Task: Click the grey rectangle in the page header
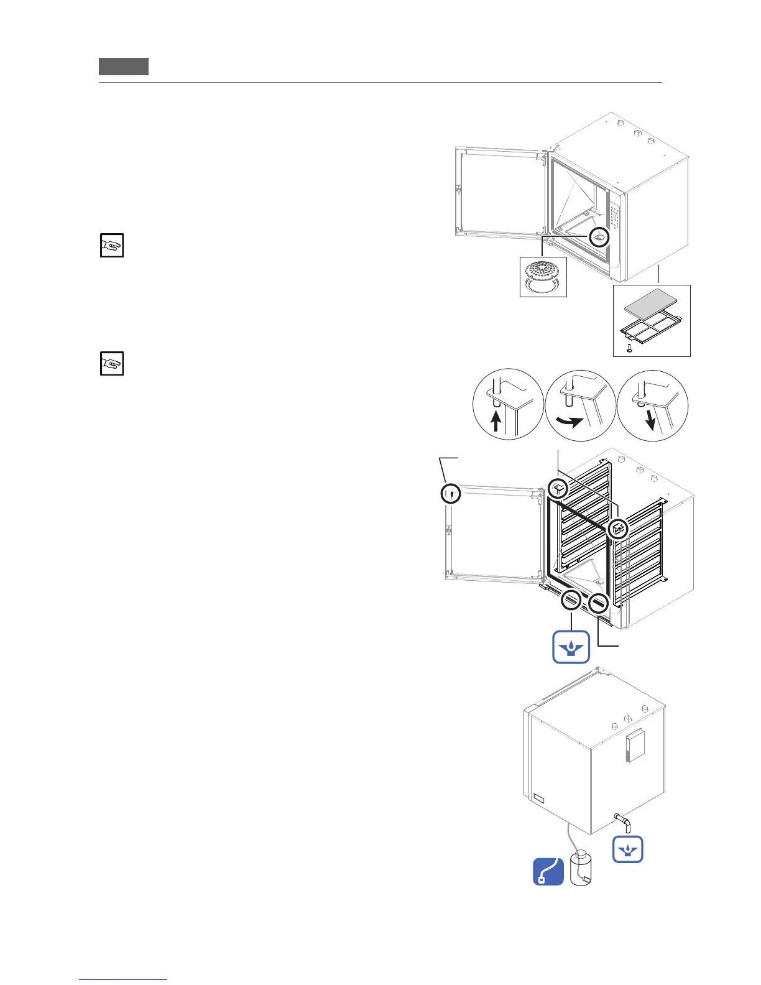(124, 67)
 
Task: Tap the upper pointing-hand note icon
(112, 246)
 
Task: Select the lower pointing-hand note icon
(112, 364)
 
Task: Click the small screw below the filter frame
(629, 347)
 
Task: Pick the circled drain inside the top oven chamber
(599, 237)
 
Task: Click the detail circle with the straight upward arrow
(508, 404)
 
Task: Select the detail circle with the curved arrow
(580, 406)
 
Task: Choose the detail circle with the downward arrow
(653, 405)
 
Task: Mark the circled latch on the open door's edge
(451, 494)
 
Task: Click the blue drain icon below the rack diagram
(571, 647)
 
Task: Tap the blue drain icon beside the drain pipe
(627, 849)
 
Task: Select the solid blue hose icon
(548, 872)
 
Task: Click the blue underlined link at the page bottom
(124, 979)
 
